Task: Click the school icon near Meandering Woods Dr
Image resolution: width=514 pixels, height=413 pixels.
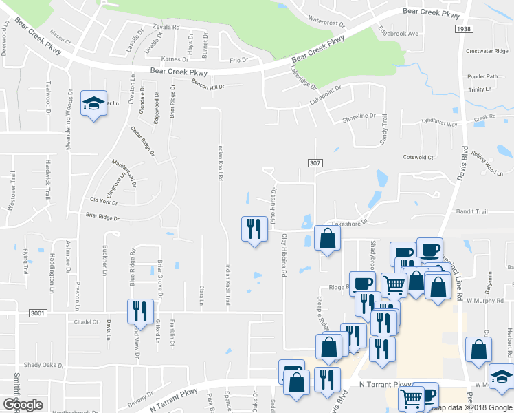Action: click(x=93, y=104)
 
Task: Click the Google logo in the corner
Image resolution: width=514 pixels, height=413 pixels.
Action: click(x=23, y=405)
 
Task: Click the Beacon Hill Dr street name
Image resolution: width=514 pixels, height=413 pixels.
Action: click(x=208, y=86)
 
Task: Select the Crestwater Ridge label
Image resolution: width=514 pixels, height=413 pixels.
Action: click(x=487, y=51)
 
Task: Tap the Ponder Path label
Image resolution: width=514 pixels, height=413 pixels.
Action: click(x=482, y=76)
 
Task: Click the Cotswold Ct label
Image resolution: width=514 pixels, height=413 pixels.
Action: click(x=418, y=157)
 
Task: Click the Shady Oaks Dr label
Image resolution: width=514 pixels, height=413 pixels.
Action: click(x=44, y=365)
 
